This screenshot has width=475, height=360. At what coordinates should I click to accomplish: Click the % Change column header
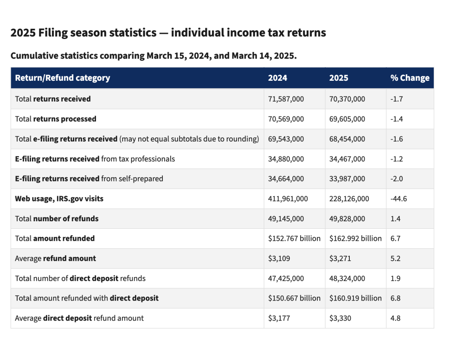(x=410, y=78)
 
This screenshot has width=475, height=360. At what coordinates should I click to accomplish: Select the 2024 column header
(x=277, y=78)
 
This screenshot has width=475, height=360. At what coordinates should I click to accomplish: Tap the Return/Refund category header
(x=63, y=78)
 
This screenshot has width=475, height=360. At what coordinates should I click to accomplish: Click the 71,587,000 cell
(x=286, y=99)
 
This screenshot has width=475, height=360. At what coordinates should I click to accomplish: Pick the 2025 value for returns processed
(x=347, y=119)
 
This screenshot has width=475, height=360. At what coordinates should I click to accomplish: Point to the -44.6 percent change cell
(x=398, y=199)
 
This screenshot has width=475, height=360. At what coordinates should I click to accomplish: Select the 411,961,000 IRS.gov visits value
(x=288, y=199)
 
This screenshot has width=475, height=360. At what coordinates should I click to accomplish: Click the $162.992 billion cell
(x=355, y=238)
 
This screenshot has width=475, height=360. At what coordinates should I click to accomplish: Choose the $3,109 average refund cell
(x=279, y=258)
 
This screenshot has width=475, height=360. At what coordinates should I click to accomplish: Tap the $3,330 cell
(x=340, y=318)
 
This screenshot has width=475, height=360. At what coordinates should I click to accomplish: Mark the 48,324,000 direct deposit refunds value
(x=347, y=278)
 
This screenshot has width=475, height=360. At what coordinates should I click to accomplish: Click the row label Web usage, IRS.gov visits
(x=59, y=199)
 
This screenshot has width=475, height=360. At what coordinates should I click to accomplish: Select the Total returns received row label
(x=53, y=99)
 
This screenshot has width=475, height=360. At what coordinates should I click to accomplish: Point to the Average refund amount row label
(x=56, y=258)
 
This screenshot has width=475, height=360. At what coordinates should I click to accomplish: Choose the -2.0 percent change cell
(x=397, y=179)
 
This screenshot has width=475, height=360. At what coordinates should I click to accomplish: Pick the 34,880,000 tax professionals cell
(x=286, y=159)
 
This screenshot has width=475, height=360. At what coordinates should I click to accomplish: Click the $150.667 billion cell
(x=294, y=298)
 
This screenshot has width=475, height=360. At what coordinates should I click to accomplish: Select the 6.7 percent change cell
(x=395, y=238)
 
